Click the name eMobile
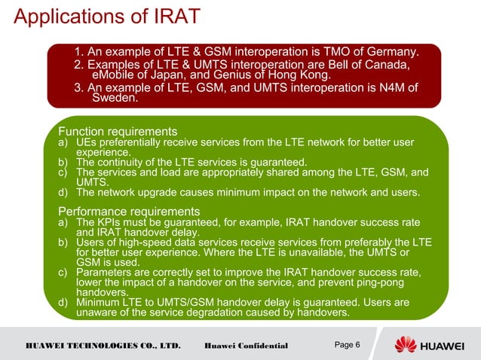(114, 76)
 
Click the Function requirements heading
(118, 130)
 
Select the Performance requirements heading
(129, 211)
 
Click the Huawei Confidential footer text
(247, 346)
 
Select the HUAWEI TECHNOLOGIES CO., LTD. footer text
(103, 346)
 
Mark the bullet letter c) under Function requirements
(65, 172)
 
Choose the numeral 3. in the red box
(78, 88)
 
